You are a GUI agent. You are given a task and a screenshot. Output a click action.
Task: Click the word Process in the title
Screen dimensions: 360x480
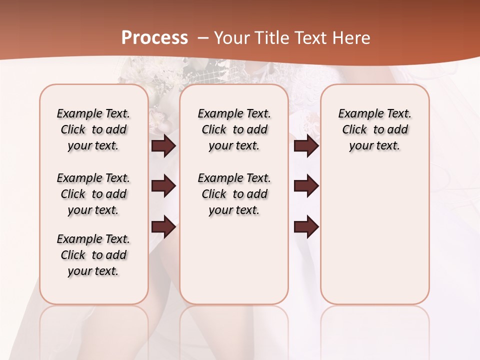(154, 37)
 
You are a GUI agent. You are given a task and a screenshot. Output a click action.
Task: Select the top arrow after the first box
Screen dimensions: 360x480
(163, 145)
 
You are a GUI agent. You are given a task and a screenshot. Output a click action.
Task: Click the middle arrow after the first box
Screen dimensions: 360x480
(163, 186)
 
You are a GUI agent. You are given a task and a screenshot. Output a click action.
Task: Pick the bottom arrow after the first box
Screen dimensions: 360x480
(163, 227)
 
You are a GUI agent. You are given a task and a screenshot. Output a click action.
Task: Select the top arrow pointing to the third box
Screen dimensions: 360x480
(306, 145)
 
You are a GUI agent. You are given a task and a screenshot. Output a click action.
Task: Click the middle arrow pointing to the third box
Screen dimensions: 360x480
(306, 186)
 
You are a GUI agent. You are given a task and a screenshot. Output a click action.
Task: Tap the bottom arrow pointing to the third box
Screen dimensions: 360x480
(306, 227)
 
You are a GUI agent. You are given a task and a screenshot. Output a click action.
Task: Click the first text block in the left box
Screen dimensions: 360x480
(93, 129)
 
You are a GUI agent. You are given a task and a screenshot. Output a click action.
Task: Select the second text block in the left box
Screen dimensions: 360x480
(93, 194)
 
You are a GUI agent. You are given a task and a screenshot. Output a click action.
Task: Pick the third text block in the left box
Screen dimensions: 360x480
(93, 255)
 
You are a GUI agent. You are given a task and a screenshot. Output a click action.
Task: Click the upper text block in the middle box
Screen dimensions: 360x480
(234, 129)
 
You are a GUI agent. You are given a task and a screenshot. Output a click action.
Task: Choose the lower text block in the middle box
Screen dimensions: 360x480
(234, 194)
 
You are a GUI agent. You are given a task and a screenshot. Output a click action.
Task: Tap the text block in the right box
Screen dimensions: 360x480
(375, 129)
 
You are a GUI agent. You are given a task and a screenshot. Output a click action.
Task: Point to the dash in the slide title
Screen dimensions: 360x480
(203, 37)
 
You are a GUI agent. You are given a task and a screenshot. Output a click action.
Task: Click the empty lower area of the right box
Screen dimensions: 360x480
(375, 235)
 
